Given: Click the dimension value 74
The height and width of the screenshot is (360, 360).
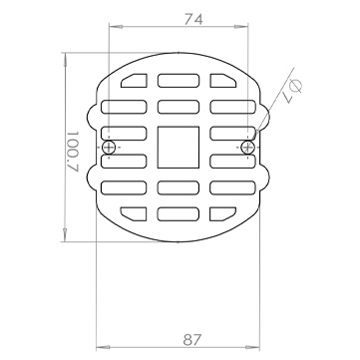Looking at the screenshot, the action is (193, 20).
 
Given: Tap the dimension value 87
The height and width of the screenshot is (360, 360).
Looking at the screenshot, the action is (192, 340).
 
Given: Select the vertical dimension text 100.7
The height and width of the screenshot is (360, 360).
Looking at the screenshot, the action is (74, 151).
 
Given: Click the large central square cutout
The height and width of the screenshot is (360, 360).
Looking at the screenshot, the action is (179, 147).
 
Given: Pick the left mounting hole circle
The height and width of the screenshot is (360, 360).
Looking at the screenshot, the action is (109, 147).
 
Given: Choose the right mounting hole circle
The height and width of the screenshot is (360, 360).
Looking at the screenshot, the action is (247, 147).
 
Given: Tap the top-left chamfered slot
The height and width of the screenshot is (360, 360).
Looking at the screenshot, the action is (135, 81).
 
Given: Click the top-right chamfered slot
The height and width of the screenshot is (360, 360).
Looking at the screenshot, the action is (222, 81).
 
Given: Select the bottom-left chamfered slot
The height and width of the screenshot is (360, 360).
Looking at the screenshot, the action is (134, 213).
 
